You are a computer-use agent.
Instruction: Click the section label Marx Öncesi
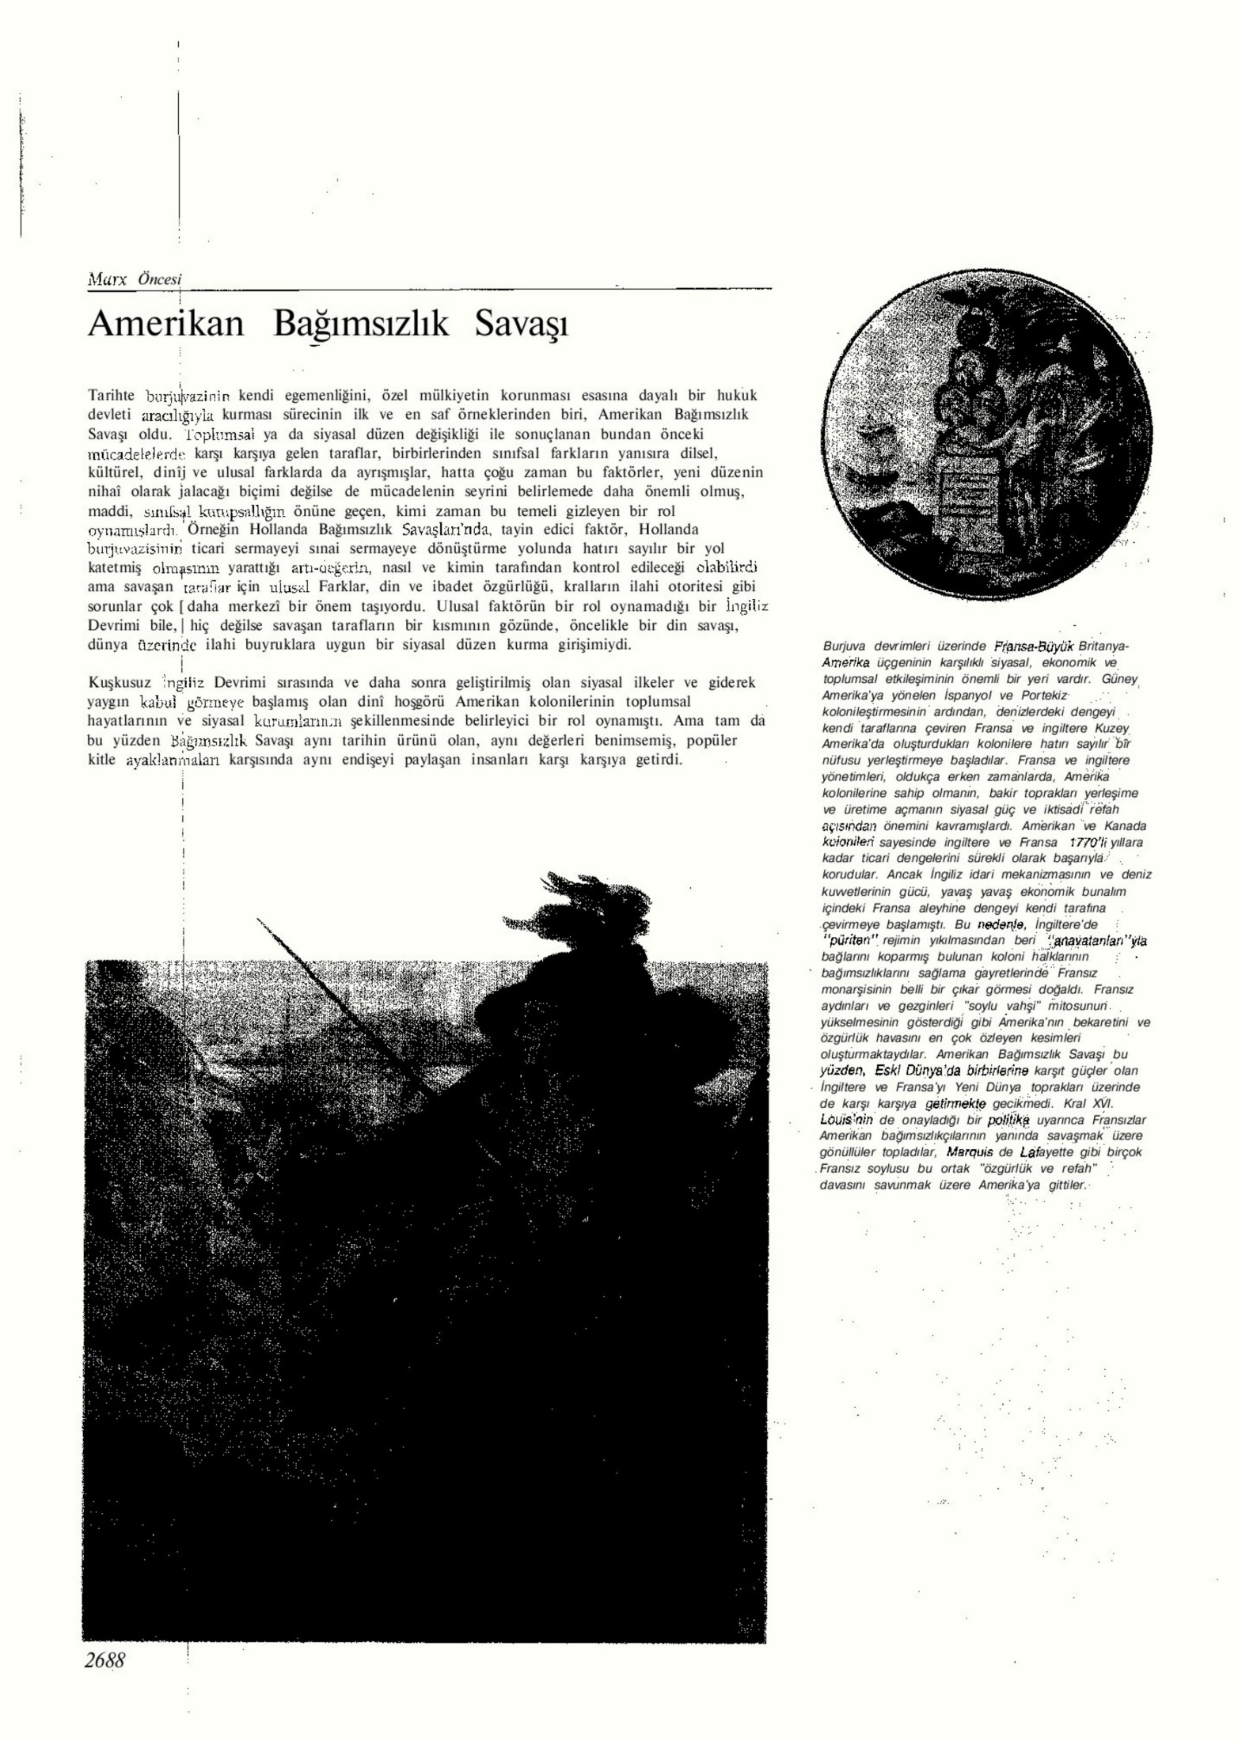pyautogui.click(x=134, y=279)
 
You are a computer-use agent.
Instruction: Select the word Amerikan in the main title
pyautogui.click(x=166, y=325)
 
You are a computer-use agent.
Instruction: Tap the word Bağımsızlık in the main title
pyautogui.click(x=361, y=325)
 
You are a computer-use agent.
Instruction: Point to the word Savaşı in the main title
pyautogui.click(x=522, y=325)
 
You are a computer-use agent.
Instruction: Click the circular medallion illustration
pyautogui.click(x=986, y=453)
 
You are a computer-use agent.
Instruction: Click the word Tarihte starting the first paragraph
pyautogui.click(x=111, y=395)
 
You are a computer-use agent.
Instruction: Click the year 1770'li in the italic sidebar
pyautogui.click(x=1087, y=843)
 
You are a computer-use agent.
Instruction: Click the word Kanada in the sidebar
pyautogui.click(x=1125, y=826)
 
